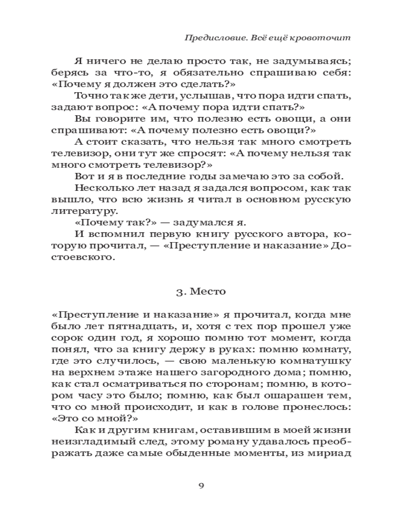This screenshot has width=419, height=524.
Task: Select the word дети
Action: click(x=170, y=95)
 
